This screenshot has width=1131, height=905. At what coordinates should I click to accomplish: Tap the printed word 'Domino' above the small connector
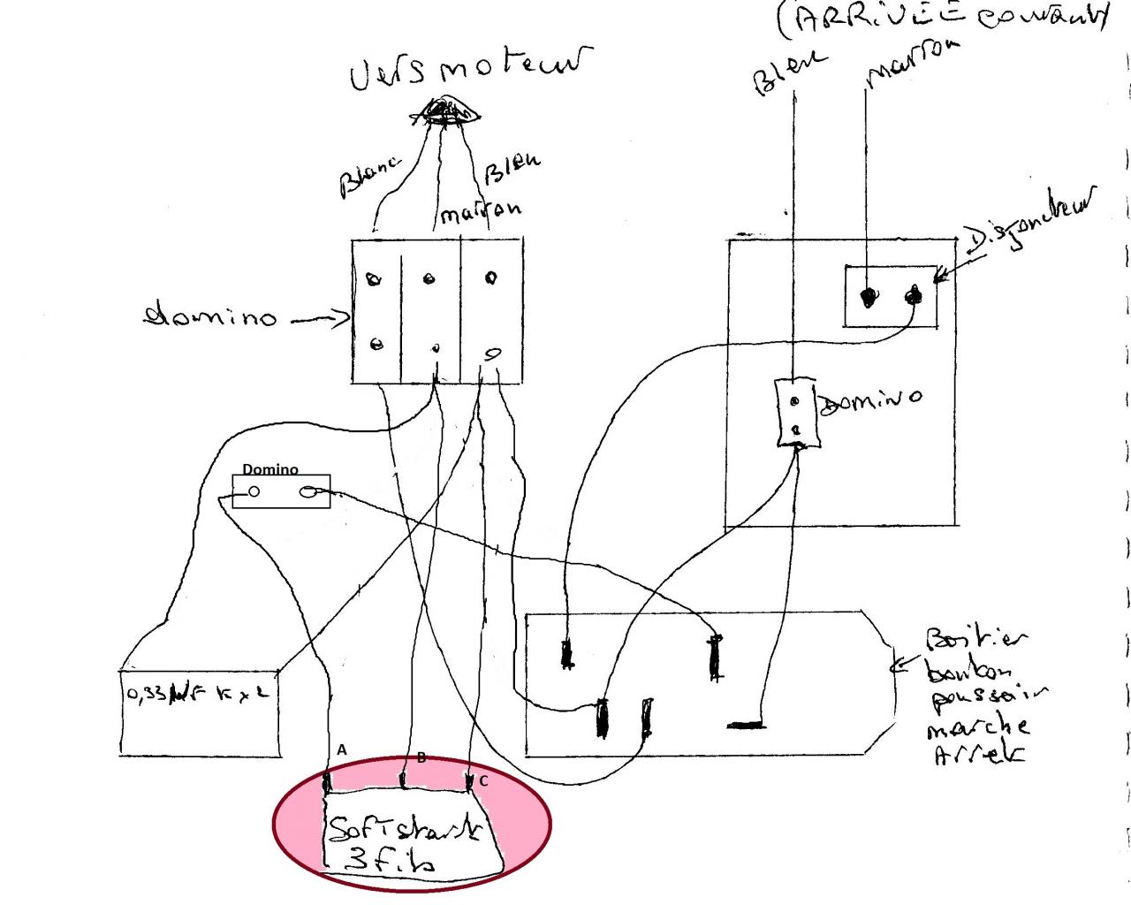tap(270, 469)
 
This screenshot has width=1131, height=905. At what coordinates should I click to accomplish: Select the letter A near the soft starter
tap(342, 749)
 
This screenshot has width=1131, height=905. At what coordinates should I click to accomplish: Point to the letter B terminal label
tap(421, 757)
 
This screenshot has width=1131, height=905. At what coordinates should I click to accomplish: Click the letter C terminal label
tap(483, 781)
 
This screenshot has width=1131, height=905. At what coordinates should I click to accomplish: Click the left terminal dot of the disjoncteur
tap(869, 298)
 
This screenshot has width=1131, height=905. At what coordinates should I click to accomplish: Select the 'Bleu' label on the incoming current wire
tap(788, 71)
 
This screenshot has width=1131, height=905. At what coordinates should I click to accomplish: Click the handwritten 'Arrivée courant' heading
tap(941, 18)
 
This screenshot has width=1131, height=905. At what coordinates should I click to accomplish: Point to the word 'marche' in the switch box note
tap(977, 727)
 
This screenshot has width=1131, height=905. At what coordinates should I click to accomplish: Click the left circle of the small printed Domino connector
tap(254, 492)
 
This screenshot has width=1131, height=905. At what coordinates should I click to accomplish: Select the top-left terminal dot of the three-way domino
tap(374, 280)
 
